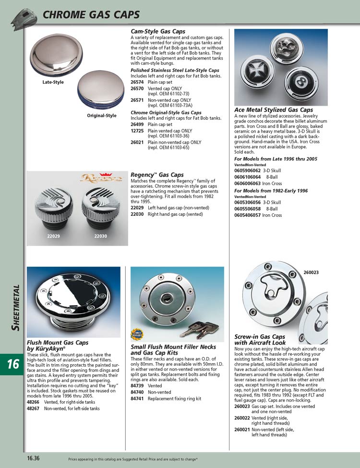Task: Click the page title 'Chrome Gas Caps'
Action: point(91,15)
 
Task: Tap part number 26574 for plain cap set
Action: point(137,82)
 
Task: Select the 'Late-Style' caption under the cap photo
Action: point(53,82)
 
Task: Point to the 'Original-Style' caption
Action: point(101,116)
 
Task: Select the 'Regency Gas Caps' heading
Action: point(157,175)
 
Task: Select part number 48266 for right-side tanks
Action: point(33,402)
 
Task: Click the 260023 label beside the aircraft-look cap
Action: point(311,273)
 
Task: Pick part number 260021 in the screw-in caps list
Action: point(242,430)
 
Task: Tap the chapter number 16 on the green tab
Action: point(13,364)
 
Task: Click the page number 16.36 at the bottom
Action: point(34,458)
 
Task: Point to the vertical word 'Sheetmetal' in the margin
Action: point(15,308)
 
